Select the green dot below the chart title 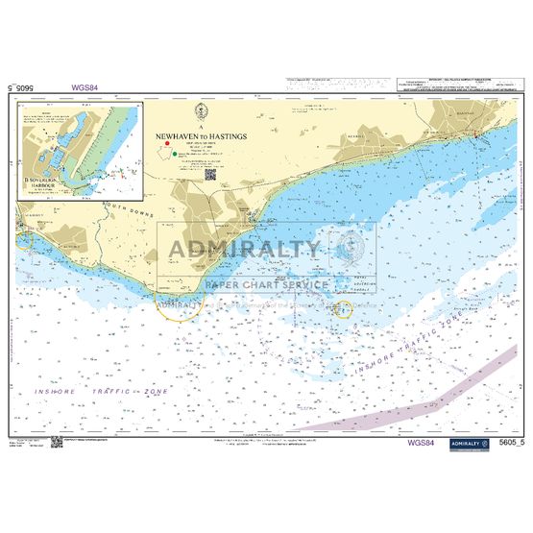tap(175, 153)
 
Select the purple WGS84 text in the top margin tap(85, 88)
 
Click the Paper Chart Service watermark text tap(267, 284)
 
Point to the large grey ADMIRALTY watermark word tap(245, 252)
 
